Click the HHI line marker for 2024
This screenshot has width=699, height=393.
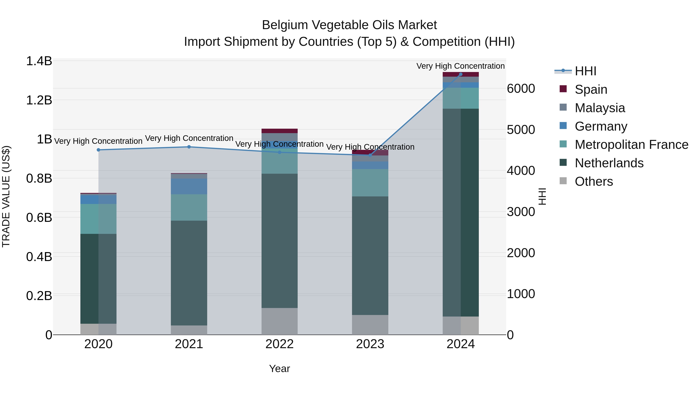(x=461, y=74)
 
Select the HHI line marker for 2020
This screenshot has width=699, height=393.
(x=98, y=150)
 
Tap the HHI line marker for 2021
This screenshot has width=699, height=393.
(x=189, y=147)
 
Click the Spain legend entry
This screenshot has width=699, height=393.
(x=590, y=89)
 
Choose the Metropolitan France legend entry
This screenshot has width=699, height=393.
(x=631, y=145)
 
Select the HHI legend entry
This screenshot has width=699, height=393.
(x=585, y=71)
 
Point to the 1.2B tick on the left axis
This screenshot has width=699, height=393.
(x=39, y=100)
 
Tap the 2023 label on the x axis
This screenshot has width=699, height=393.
(x=370, y=344)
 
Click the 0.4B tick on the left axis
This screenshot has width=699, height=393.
(x=39, y=257)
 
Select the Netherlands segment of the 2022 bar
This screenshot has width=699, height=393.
(x=279, y=241)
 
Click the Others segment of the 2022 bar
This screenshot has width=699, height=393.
(x=279, y=321)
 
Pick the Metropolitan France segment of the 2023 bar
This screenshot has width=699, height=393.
(x=370, y=183)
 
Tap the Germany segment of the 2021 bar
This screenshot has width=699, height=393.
(x=189, y=186)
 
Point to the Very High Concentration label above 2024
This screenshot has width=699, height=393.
(x=461, y=66)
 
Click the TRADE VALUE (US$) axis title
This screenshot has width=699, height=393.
(x=6, y=196)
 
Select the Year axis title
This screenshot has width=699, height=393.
(x=279, y=369)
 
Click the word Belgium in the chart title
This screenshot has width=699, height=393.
(x=285, y=25)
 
